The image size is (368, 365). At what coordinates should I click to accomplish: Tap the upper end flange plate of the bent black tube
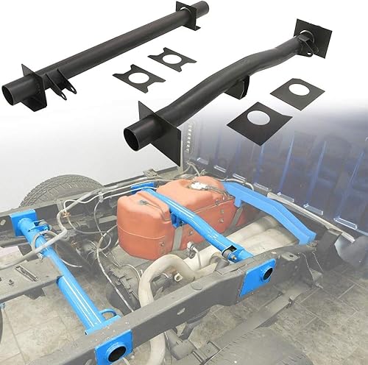click(312, 37)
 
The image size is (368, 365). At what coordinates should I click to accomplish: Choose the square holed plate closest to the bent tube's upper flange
click(297, 93)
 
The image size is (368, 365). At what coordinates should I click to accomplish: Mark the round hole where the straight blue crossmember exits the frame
click(114, 352)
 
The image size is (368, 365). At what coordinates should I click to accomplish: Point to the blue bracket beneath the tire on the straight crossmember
click(25, 222)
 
